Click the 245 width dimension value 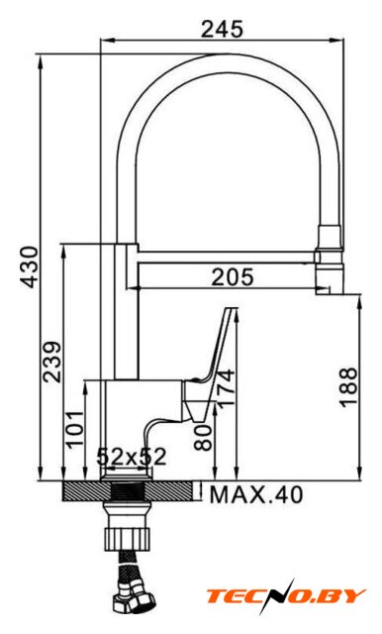tap(222, 29)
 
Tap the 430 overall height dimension tap(31, 266)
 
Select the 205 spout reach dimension tap(233, 277)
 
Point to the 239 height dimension tap(52, 362)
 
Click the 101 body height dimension tap(75, 429)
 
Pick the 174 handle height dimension tap(226, 387)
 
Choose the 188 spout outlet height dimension tap(348, 387)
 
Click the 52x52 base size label tap(132, 457)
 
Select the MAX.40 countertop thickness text tap(256, 494)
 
